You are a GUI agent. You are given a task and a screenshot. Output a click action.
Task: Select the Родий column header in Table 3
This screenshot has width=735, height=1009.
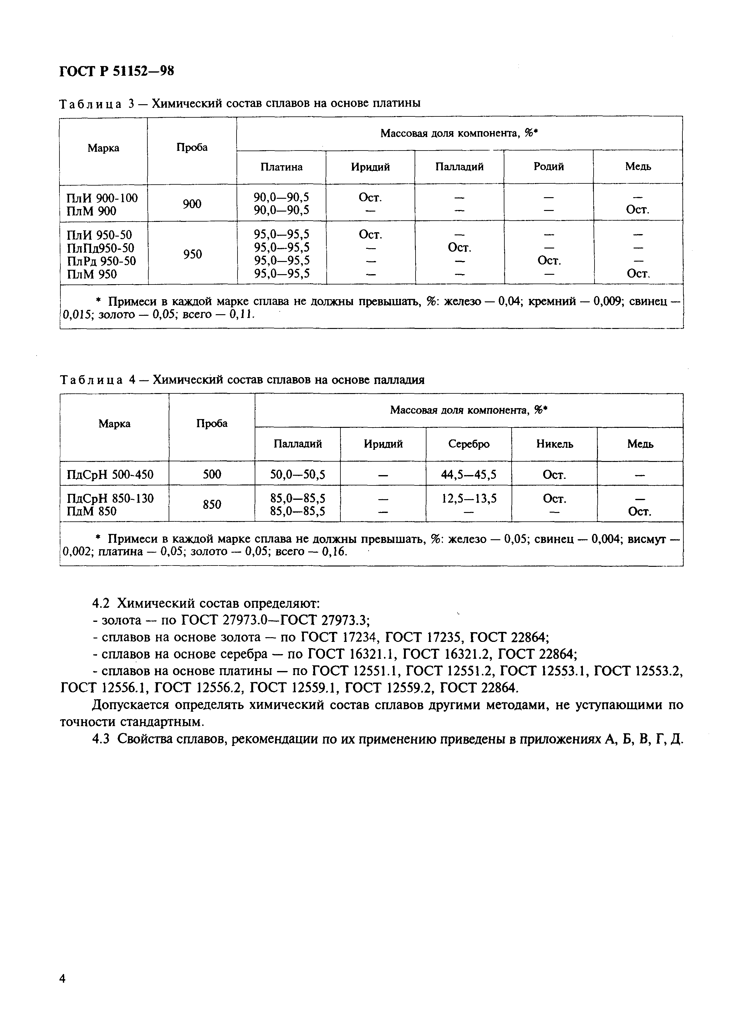pyautogui.click(x=549, y=167)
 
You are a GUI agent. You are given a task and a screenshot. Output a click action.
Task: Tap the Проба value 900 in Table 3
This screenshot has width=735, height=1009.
pyautogui.click(x=192, y=204)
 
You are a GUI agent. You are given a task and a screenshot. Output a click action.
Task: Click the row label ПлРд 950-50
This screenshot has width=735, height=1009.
pyautogui.click(x=101, y=261)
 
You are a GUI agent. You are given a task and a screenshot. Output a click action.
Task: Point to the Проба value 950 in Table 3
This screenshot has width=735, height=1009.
pyautogui.click(x=192, y=254)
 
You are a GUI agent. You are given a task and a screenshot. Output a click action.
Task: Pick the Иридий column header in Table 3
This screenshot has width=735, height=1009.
pyautogui.click(x=370, y=167)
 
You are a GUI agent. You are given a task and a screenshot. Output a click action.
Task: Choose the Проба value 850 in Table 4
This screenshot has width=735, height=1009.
pyautogui.click(x=212, y=505)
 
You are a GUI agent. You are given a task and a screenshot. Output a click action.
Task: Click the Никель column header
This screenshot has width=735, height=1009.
pyautogui.click(x=554, y=444)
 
